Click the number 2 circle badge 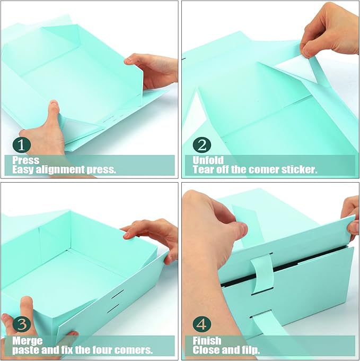[202, 144]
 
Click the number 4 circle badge [202, 324]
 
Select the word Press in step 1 [26, 160]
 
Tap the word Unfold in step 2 [208, 160]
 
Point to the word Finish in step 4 [207, 340]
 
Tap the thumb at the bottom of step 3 [24, 311]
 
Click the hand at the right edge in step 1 [154, 69]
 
